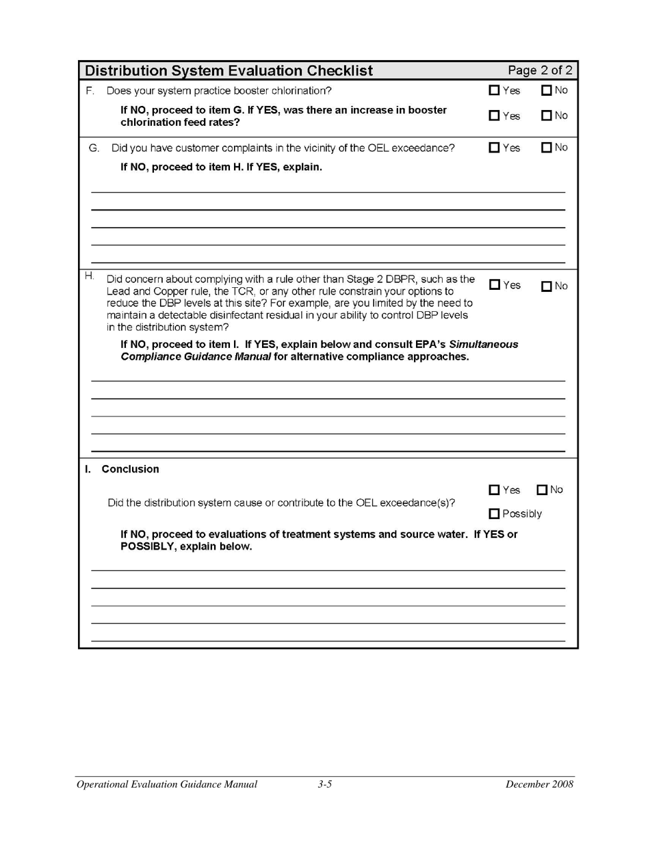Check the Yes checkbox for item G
point(494,148)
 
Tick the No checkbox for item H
point(546,286)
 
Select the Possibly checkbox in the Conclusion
point(494,514)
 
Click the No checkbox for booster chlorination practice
point(546,90)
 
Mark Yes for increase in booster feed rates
point(494,116)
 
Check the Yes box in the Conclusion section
point(494,490)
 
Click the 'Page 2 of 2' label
point(540,70)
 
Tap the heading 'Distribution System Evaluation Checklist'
point(229,71)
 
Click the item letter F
point(90,91)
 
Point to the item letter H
point(90,276)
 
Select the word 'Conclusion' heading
point(130,469)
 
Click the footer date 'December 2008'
point(539,784)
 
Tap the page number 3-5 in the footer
point(325,784)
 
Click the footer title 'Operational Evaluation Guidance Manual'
point(167,784)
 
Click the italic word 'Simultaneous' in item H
point(483,345)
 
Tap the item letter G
point(94,148)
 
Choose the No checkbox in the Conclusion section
point(542,490)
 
